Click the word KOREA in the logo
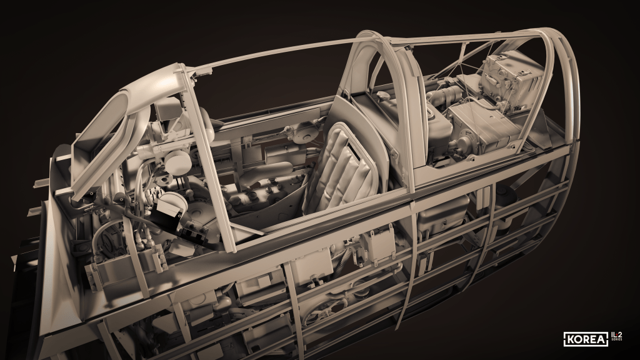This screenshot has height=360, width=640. click(x=586, y=339)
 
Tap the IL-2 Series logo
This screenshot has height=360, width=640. click(x=617, y=336)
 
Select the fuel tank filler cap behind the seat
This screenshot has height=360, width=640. click(x=384, y=96)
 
